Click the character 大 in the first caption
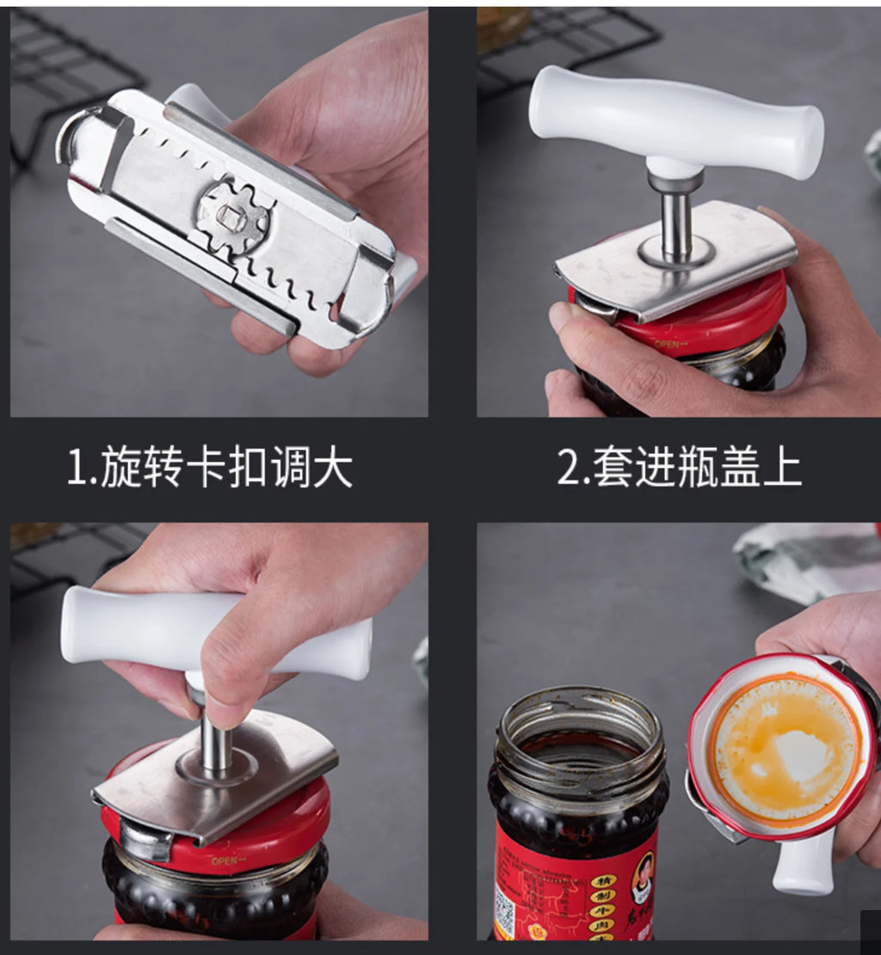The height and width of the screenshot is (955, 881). (x=331, y=469)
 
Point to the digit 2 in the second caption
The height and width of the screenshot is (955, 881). (x=569, y=469)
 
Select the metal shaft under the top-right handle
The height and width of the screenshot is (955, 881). (x=676, y=223)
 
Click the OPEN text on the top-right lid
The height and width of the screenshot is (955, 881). (x=668, y=345)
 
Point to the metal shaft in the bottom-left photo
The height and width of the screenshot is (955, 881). (x=214, y=744)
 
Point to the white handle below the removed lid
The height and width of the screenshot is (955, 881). (x=800, y=864)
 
